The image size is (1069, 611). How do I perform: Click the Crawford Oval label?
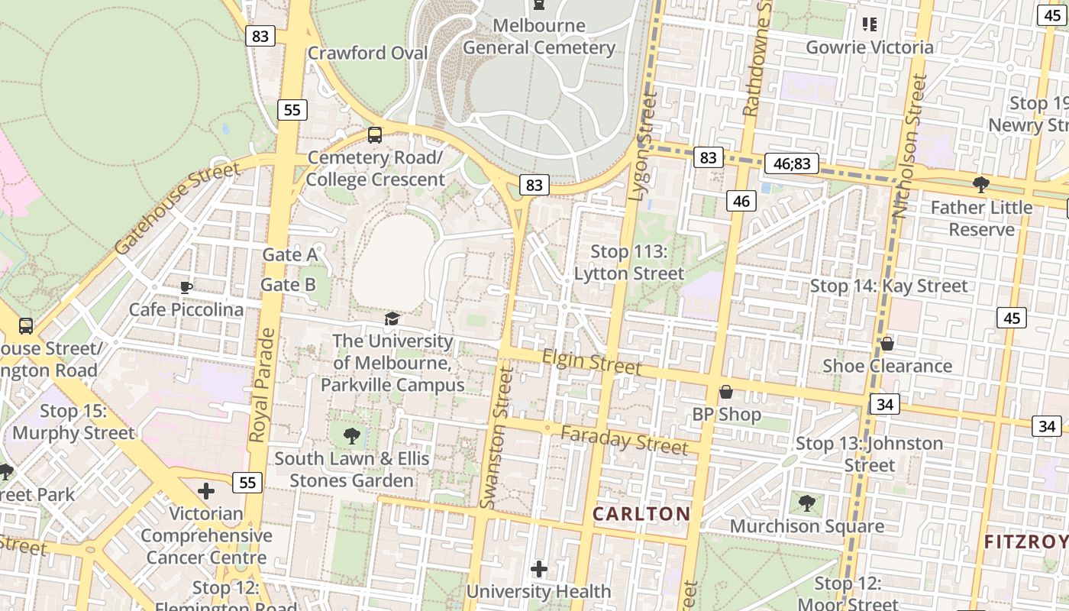367,53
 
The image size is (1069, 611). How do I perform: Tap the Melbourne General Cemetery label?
539,37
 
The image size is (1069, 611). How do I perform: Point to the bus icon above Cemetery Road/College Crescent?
374,135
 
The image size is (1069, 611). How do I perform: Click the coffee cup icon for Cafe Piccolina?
186,287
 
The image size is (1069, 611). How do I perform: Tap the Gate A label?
289,254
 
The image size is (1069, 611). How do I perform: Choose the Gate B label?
288,285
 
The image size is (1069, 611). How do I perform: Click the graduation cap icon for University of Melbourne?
392,318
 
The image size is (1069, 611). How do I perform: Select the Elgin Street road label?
592,362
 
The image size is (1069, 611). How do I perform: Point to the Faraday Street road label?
624,440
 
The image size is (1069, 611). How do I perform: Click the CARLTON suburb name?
641,514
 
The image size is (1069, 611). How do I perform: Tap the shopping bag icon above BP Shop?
726,392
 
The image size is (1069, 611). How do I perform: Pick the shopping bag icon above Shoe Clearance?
887,344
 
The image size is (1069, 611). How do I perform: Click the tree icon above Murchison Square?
806,503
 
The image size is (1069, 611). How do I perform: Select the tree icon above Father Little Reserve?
980,184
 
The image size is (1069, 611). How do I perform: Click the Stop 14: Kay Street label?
888,286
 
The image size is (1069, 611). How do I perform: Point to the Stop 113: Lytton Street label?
629,262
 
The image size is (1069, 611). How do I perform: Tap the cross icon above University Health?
539,568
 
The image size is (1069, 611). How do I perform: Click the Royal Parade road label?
261,386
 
